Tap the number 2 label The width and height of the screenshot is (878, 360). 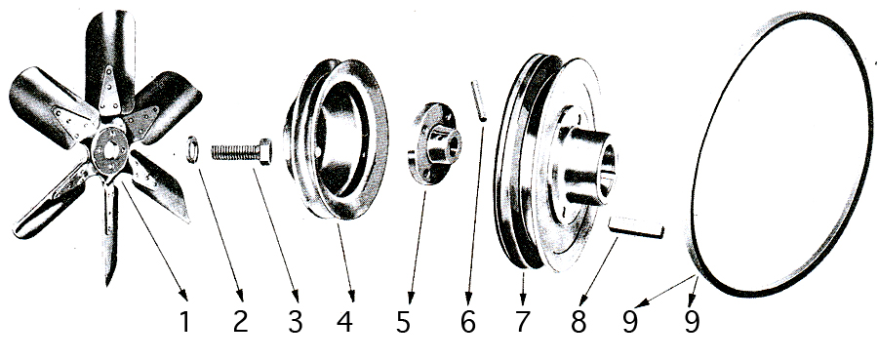click(x=240, y=321)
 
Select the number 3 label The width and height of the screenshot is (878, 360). click(x=295, y=321)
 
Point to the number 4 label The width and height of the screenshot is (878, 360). click(x=345, y=321)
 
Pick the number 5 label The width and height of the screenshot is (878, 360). click(x=403, y=321)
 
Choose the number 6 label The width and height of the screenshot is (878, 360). click(x=468, y=321)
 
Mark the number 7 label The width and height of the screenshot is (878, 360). click(x=522, y=321)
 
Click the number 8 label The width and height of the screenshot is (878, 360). click(x=579, y=321)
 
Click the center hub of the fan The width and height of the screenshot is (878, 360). click(x=109, y=150)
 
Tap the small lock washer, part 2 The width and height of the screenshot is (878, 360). click(x=192, y=149)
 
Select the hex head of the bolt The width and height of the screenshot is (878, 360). click(x=265, y=151)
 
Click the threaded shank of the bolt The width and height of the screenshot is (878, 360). click(x=235, y=152)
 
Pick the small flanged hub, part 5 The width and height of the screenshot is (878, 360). click(x=434, y=143)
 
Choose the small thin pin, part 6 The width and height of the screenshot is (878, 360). click(x=479, y=100)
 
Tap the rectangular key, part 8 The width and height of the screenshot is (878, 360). click(x=636, y=226)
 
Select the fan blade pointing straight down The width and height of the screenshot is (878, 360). click(x=110, y=230)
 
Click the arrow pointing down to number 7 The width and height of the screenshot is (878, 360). click(x=523, y=289)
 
